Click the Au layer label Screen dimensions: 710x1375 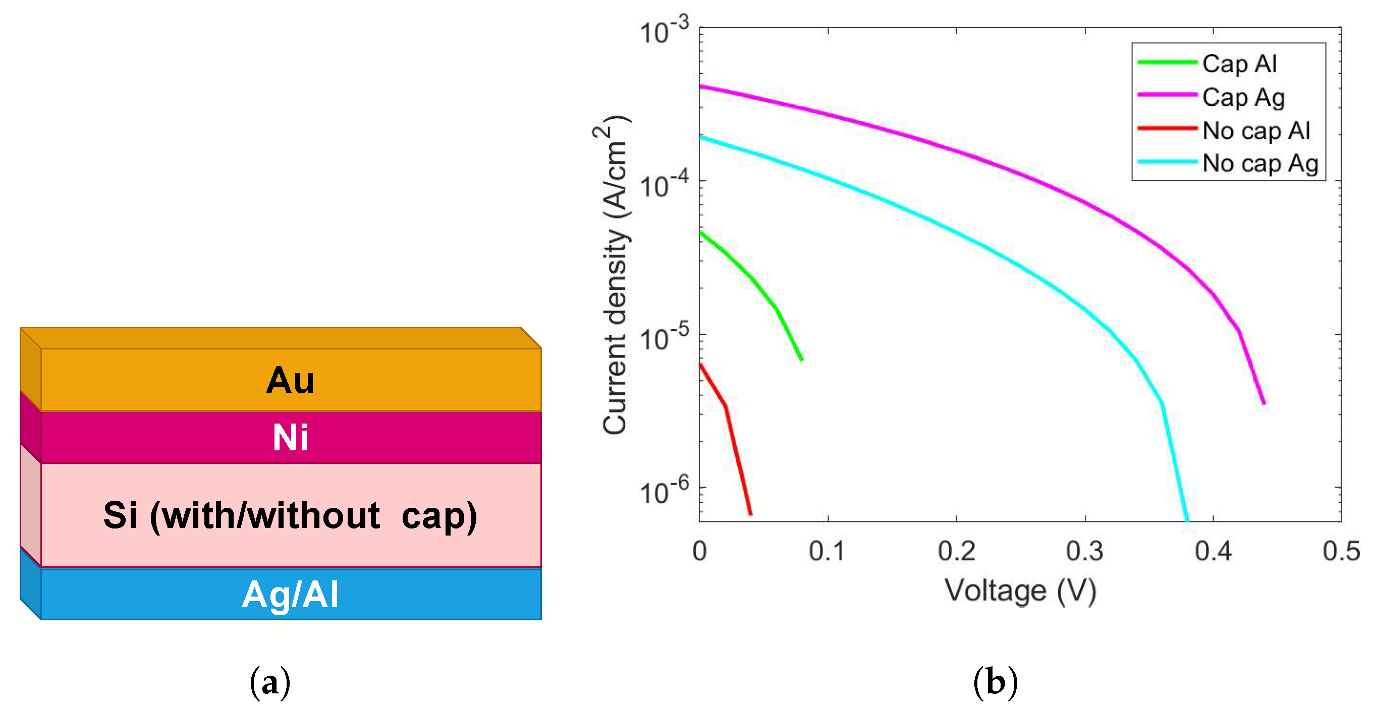point(290,381)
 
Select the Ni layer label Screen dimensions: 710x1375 point(290,438)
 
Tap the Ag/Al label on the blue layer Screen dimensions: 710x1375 point(290,595)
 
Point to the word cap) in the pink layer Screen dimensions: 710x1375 point(439,517)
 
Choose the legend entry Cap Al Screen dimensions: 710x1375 point(1239,64)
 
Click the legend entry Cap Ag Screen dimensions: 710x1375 point(1243,98)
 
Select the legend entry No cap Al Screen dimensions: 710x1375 point(1256,131)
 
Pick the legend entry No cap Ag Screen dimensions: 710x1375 point(1260,164)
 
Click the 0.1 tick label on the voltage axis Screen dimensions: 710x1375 point(827,551)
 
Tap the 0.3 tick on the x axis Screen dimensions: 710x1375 point(1085,551)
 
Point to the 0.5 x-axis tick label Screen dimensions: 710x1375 point(1341,551)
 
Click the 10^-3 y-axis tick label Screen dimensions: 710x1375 point(664,31)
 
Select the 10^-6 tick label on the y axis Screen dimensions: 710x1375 point(664,491)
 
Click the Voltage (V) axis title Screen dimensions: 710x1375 point(1020,591)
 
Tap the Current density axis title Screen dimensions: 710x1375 point(615,275)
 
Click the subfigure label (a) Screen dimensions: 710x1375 point(270,683)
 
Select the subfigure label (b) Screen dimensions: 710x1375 point(996,683)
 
